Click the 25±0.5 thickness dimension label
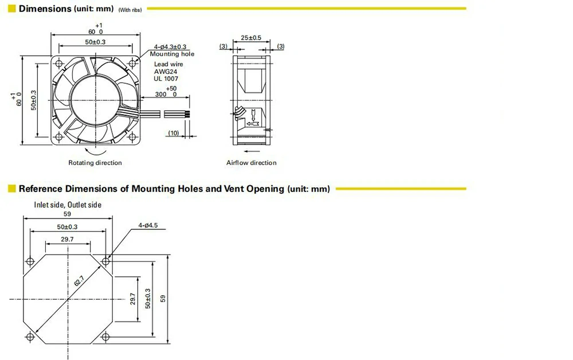point(251,38)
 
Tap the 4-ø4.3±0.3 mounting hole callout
point(170,47)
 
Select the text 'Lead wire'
point(168,64)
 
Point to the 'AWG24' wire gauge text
point(166,72)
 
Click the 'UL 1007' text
point(166,79)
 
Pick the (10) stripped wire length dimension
point(173,132)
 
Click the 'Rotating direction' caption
point(95,163)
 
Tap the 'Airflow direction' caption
point(252,163)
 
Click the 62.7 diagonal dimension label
point(79,281)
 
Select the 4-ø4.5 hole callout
point(148,225)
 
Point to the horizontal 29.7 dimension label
point(67,239)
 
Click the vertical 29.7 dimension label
point(133,299)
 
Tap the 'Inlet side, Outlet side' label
point(68,205)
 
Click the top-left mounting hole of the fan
point(59,64)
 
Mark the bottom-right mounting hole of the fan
point(132,137)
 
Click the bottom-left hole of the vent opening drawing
point(30,336)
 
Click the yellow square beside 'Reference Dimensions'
point(12,189)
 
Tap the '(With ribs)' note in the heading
point(129,10)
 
